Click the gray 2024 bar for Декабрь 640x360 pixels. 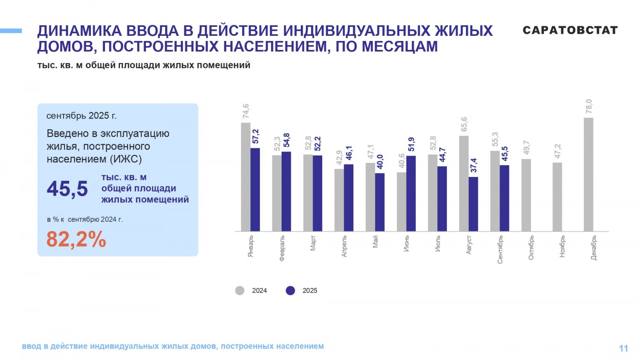588,174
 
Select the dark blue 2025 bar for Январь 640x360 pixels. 255,189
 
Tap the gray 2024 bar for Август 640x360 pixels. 464,183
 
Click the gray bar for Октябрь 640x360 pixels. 526,195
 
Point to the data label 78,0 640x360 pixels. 589,107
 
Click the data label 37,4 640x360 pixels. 474,165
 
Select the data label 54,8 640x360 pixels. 286,141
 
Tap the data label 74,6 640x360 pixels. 246,111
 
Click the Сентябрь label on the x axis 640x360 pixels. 500,250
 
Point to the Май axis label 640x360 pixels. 375,242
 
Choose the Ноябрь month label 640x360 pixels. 562,246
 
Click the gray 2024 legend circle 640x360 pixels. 240,290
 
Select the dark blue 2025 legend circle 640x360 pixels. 291,290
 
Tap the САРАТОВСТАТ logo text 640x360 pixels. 570,30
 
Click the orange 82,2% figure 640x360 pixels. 76,239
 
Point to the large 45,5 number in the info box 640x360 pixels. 67,189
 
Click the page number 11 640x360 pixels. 623,348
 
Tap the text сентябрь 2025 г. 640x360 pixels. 81,116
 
